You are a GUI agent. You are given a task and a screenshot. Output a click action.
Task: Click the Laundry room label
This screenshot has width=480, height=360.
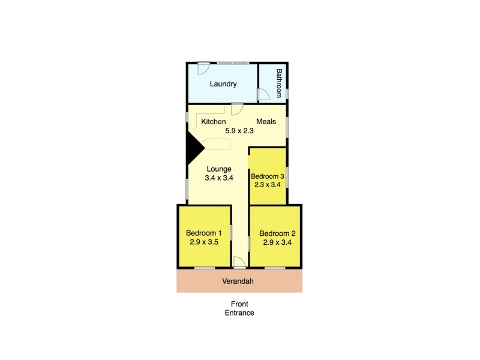pos(223,84)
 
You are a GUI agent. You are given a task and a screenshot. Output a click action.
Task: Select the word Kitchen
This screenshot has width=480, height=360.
pos(213,122)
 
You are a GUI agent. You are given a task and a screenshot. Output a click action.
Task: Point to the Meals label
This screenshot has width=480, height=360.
pos(266,122)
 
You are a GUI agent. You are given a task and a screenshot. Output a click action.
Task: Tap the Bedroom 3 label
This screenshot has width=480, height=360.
pos(267,176)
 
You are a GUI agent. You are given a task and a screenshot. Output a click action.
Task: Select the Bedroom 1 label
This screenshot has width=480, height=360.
pos(204,233)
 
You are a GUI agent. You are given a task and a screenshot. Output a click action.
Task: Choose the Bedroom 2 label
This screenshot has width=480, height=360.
pos(277,234)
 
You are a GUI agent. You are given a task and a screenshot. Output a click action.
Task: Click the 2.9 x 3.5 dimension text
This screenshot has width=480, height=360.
pos(204,242)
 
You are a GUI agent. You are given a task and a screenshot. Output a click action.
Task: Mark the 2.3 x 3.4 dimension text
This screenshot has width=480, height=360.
pos(267,185)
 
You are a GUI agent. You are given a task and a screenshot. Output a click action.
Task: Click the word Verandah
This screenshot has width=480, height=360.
pos(239,281)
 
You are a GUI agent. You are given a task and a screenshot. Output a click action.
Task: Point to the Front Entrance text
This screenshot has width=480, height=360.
pos(239,308)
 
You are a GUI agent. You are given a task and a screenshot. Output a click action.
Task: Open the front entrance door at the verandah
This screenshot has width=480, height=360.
pos(238,262)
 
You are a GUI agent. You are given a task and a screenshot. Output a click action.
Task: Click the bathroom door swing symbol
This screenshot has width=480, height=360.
pos(263,94)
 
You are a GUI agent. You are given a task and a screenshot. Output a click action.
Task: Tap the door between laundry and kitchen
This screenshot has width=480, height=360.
pos(236,108)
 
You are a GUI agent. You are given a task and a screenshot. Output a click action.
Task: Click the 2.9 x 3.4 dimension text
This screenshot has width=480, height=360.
pos(277,242)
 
